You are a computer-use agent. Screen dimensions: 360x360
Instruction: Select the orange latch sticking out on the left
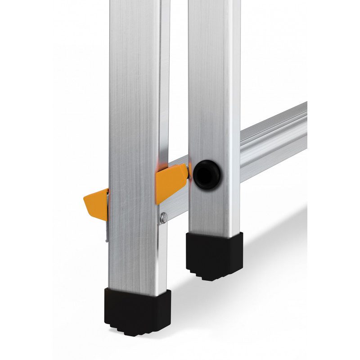[95, 203]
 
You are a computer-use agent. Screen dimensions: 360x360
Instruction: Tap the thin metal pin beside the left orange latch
[107, 216]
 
